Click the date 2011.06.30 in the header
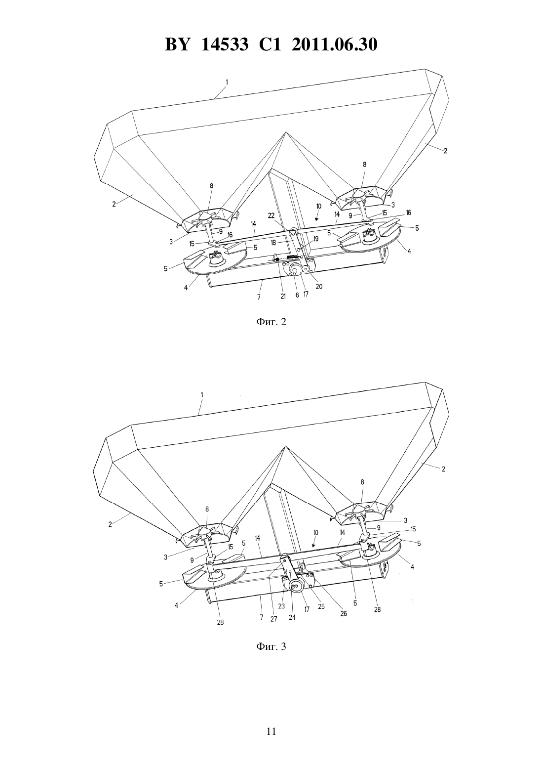(x=335, y=44)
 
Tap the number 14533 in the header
(x=225, y=44)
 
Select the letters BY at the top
(x=177, y=44)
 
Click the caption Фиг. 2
(x=271, y=322)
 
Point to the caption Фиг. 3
(x=271, y=646)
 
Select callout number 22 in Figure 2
(x=271, y=215)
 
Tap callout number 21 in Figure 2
(x=283, y=297)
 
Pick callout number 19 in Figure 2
(x=315, y=238)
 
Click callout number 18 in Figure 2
(x=273, y=242)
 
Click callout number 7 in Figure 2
(x=259, y=297)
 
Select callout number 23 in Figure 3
(x=281, y=606)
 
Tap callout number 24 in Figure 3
(x=292, y=617)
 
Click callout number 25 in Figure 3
(x=321, y=606)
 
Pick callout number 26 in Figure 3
(x=343, y=614)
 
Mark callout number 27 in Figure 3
(x=273, y=619)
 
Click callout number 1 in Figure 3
(x=202, y=395)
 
